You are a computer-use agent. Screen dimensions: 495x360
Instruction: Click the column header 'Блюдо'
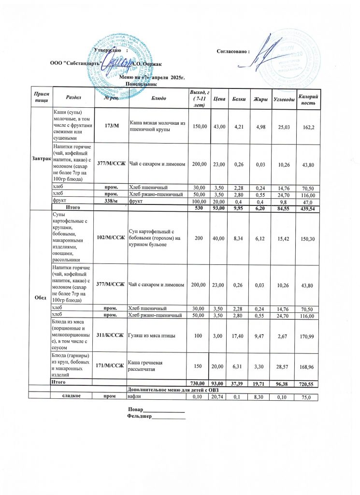point(159,98)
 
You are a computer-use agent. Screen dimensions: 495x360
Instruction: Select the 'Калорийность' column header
point(308,98)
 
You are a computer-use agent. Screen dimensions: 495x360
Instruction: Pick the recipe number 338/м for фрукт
point(111,201)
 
